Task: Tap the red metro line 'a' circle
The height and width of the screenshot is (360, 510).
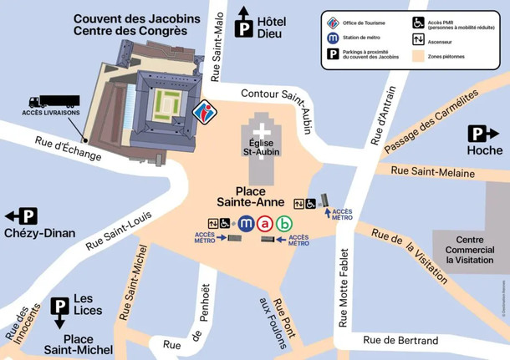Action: tap(265, 223)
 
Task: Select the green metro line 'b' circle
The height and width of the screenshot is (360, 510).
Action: tap(284, 223)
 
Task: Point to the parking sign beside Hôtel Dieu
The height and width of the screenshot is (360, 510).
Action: tap(244, 28)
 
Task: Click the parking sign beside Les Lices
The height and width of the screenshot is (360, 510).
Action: tap(60, 306)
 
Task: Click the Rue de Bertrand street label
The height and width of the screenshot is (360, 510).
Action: tap(400, 341)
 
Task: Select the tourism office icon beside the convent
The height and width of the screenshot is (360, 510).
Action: tap(203, 111)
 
